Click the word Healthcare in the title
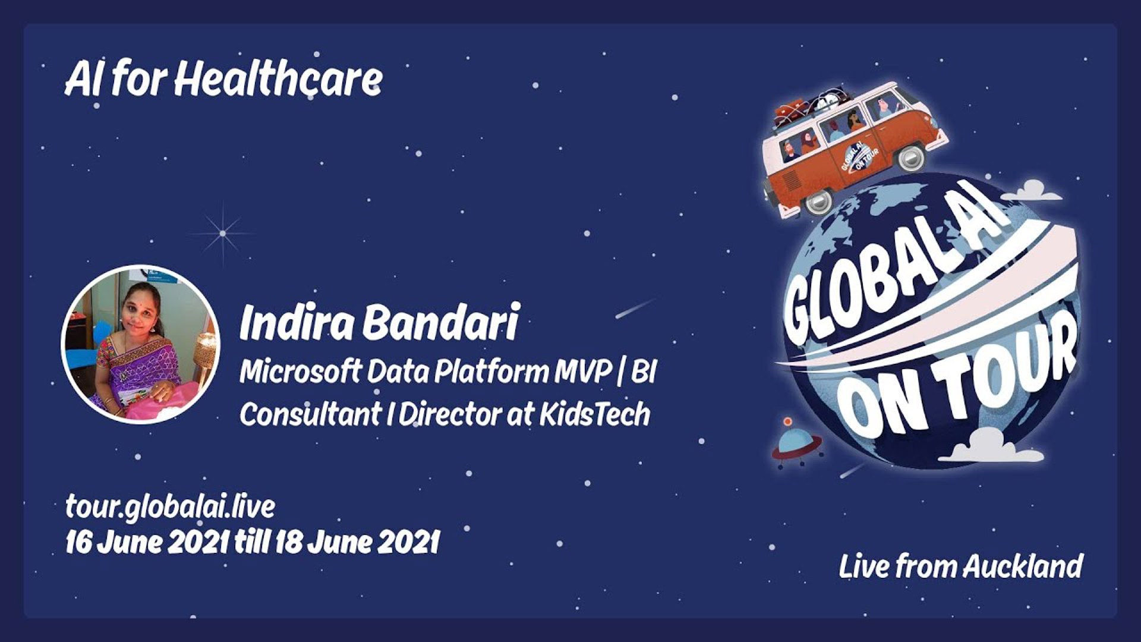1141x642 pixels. tap(278, 80)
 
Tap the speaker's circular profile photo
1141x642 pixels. tap(141, 344)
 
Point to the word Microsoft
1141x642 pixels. tap(300, 372)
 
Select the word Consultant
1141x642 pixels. tap(310, 414)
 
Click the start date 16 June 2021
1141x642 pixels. tap(147, 542)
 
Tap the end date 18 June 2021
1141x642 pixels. tap(357, 542)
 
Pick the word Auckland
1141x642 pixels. tap(1022, 566)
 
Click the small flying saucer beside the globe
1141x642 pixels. tap(796, 442)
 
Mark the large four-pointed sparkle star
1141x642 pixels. tap(223, 233)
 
